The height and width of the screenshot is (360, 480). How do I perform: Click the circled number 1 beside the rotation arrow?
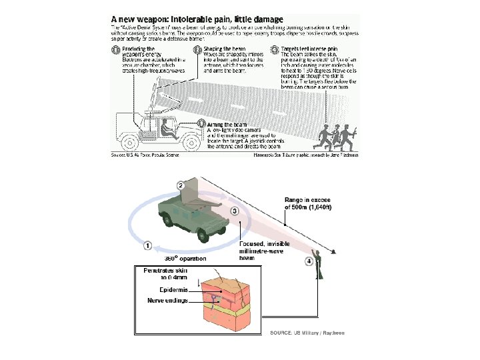(x=148, y=245)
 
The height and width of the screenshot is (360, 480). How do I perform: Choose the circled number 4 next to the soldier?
(x=309, y=261)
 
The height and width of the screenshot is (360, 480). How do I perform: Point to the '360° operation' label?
(x=185, y=258)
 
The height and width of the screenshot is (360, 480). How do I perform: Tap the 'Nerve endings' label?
(x=166, y=301)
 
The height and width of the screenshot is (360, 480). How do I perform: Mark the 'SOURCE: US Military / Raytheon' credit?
(x=307, y=333)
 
